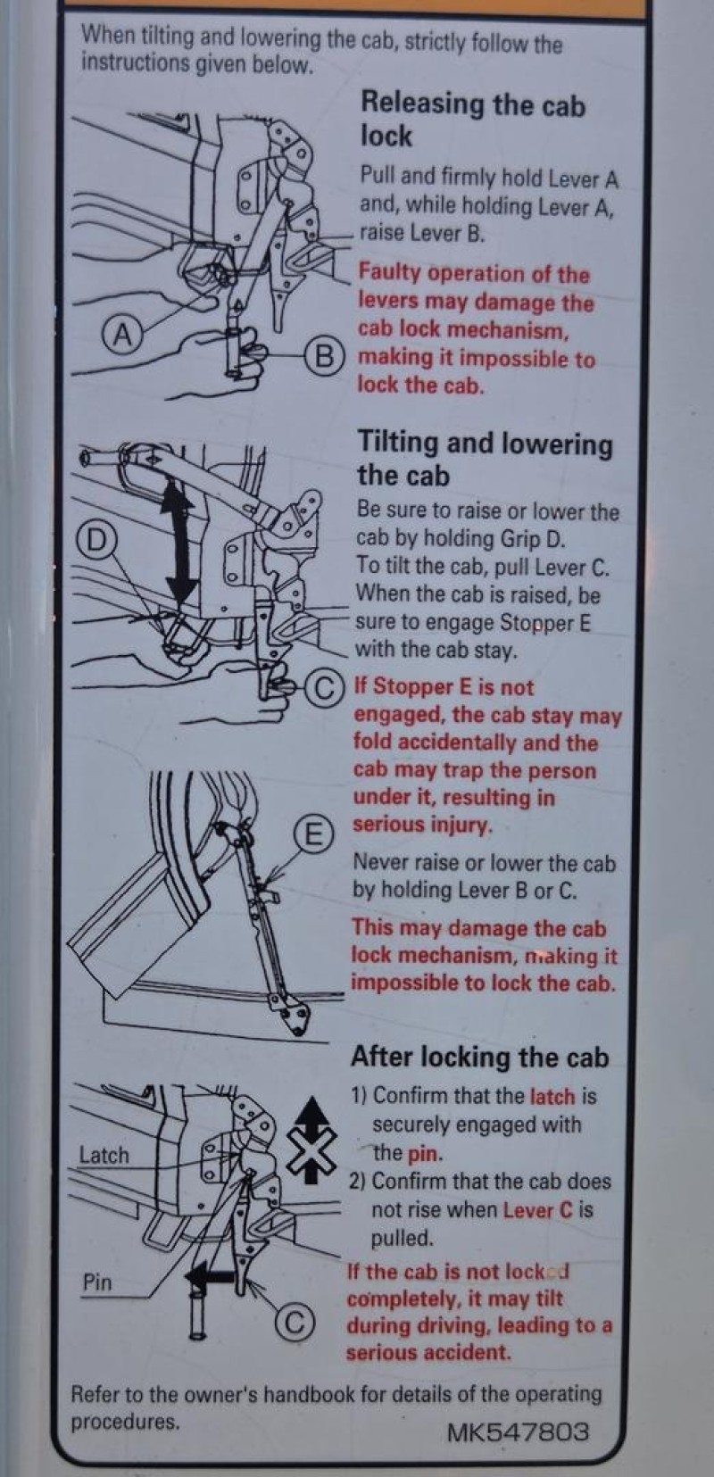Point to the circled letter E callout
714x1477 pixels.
click(x=312, y=834)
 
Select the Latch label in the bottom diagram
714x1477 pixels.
click(x=104, y=1155)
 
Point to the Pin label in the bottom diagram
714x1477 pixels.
click(x=97, y=1282)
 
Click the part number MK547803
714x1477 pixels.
click(x=518, y=1431)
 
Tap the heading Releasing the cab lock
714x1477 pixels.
click(x=473, y=120)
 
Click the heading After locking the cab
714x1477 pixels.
click(x=479, y=1056)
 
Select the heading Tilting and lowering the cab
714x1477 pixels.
click(x=485, y=458)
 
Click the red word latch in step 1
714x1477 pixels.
click(x=552, y=1096)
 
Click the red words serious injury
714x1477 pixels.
click(x=422, y=825)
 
